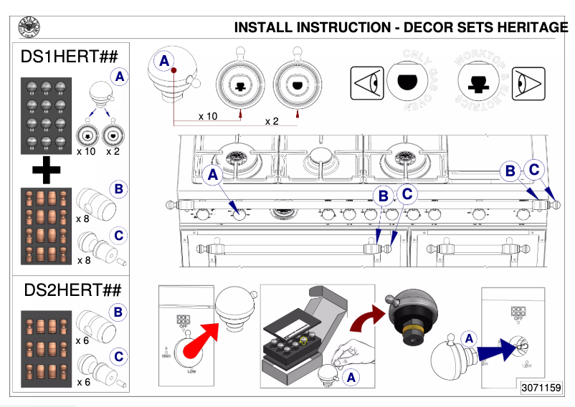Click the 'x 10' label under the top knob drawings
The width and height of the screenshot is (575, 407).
[x=207, y=116]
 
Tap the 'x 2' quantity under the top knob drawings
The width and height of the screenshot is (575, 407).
[x=272, y=121]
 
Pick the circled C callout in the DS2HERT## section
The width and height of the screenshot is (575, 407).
[x=119, y=355]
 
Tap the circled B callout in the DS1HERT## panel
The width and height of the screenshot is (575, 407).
[x=119, y=189]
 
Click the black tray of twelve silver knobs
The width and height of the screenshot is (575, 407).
[x=47, y=115]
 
